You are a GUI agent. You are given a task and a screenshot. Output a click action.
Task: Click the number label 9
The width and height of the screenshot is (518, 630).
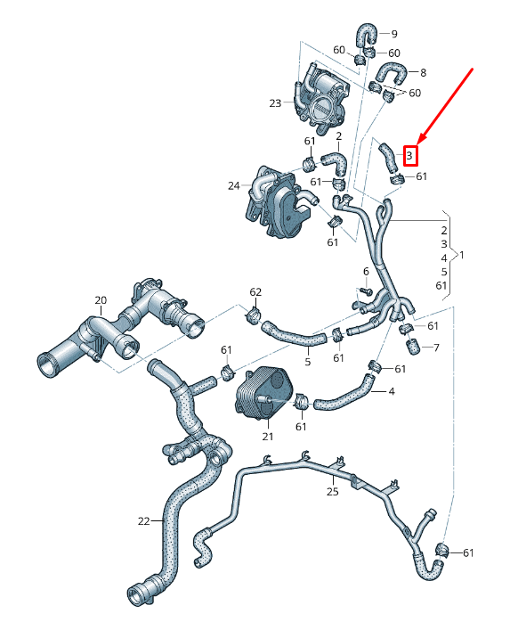pyautogui.click(x=394, y=34)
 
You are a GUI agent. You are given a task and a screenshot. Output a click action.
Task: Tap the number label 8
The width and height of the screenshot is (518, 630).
pyautogui.click(x=423, y=72)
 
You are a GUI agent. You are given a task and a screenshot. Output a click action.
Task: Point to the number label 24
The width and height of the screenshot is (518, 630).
pyautogui.click(x=234, y=186)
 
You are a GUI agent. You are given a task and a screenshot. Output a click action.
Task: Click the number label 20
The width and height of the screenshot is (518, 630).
pyautogui.click(x=100, y=300)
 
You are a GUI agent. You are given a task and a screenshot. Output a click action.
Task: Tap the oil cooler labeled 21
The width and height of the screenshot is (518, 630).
pyautogui.click(x=263, y=393)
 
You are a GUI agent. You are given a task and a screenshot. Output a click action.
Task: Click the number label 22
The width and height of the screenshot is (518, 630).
pyautogui.click(x=144, y=521)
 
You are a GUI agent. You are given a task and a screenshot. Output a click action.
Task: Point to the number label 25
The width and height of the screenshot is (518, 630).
pyautogui.click(x=332, y=491)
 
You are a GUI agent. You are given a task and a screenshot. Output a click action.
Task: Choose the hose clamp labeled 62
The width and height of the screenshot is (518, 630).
pyautogui.click(x=253, y=316)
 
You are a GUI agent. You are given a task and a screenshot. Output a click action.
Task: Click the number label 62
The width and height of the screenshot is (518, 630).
pyautogui.click(x=255, y=291)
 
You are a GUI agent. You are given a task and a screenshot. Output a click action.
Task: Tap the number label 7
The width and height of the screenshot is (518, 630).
pyautogui.click(x=436, y=347)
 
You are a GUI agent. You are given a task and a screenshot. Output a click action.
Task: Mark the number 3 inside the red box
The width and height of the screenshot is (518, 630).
pyautogui.click(x=409, y=155)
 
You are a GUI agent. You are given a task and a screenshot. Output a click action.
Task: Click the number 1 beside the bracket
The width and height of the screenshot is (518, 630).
pyautogui.click(x=460, y=255)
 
